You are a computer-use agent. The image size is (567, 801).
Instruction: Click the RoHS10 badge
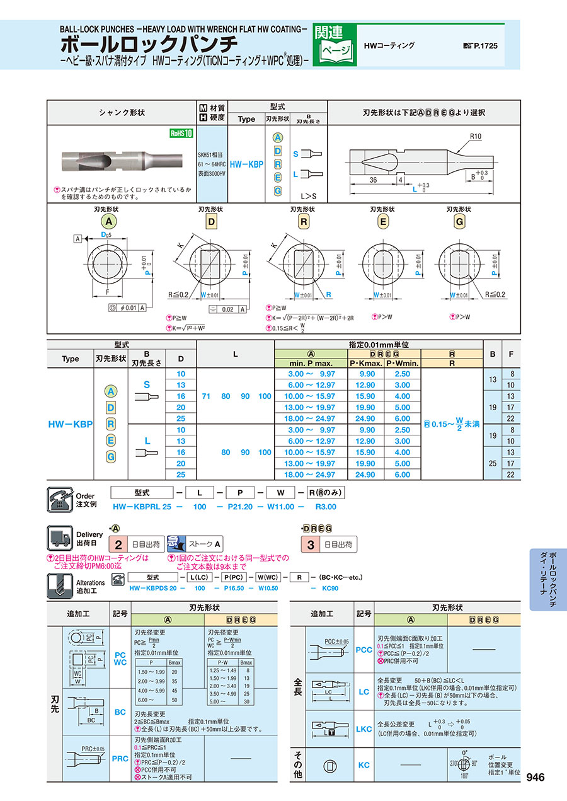click(180, 133)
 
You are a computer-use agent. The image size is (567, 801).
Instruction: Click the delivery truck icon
click(58, 539)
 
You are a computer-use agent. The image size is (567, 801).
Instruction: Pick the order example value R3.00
click(325, 506)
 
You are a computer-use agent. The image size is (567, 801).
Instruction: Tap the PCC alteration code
click(364, 650)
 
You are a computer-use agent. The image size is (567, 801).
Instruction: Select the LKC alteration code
click(364, 729)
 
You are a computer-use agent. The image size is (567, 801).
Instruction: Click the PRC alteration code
click(120, 759)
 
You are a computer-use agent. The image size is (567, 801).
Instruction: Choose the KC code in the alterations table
click(364, 765)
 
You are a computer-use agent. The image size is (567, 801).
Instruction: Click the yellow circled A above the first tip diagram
click(109, 221)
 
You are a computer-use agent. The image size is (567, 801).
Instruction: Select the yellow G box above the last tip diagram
click(459, 221)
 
